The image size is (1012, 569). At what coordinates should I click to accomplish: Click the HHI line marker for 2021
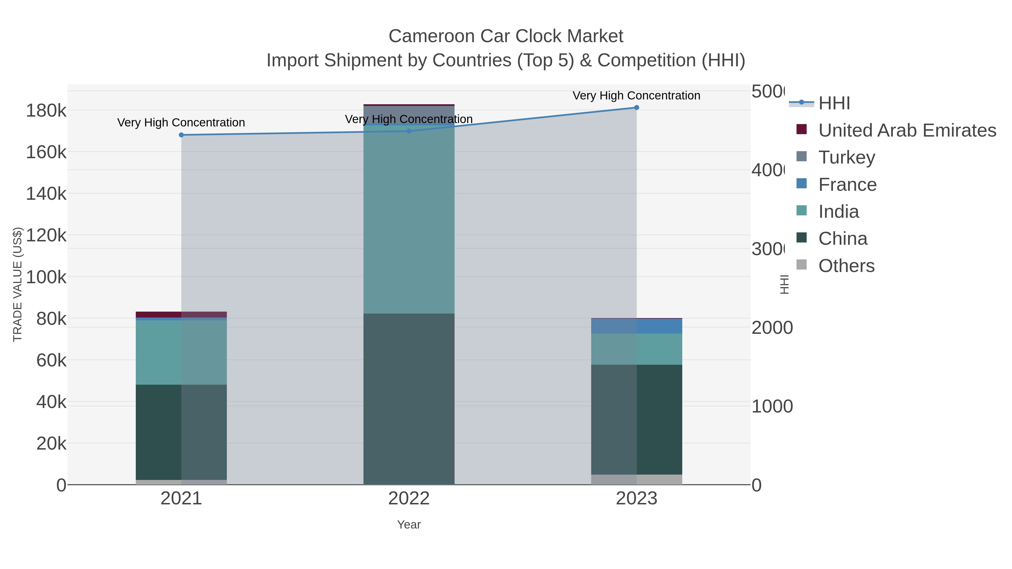[x=181, y=135]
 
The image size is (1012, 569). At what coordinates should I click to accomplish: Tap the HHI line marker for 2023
[x=636, y=107]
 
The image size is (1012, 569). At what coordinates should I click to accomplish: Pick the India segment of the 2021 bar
[x=181, y=352]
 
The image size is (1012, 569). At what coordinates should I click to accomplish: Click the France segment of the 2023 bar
[x=636, y=326]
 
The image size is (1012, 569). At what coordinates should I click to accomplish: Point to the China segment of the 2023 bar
[x=636, y=420]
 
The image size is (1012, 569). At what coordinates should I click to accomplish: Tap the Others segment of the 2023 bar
[x=636, y=479]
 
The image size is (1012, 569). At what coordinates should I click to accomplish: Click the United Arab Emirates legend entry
[x=907, y=130]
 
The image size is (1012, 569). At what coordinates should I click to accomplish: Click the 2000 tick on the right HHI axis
[x=772, y=328]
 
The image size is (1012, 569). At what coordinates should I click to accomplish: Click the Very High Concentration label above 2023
[x=636, y=96]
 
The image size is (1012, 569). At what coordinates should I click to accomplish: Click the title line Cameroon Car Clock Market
[x=506, y=36]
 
